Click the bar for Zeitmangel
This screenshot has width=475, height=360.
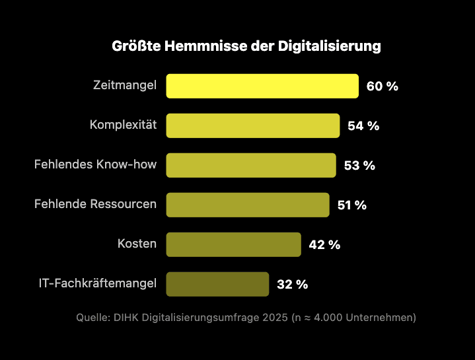click(x=262, y=86)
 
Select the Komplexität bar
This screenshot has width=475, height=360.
click(x=253, y=126)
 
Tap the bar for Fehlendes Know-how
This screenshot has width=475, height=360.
click(x=251, y=165)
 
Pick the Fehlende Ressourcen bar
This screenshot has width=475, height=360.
click(x=248, y=205)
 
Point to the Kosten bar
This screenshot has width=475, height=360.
click(x=233, y=244)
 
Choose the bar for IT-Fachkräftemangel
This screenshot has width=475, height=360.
click(x=217, y=284)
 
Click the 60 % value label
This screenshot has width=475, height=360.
click(x=383, y=87)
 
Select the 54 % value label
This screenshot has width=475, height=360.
click(x=363, y=126)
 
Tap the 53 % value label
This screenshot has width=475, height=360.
click(x=359, y=166)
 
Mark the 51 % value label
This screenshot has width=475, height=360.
click(x=351, y=205)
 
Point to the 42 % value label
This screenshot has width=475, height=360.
click(x=324, y=245)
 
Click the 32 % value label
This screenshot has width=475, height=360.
click(x=292, y=285)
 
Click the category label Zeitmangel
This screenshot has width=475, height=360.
click(x=126, y=85)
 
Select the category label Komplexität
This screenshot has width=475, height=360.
click(x=123, y=125)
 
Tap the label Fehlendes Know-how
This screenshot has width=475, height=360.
click(x=96, y=164)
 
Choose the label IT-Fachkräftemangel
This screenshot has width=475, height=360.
click(x=98, y=283)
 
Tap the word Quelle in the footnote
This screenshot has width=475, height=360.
click(x=92, y=318)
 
